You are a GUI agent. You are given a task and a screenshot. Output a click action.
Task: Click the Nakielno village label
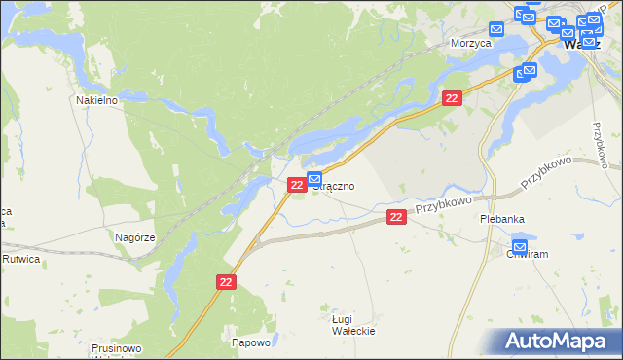point(97,99)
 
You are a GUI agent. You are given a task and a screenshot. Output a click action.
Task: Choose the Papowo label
point(250,342)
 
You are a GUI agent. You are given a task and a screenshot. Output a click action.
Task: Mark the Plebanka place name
point(503,219)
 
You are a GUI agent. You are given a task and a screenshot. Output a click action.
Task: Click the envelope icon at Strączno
point(314,178)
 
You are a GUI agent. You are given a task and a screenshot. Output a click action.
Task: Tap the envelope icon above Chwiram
point(520,245)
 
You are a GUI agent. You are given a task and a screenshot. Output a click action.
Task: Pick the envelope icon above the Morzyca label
point(495,30)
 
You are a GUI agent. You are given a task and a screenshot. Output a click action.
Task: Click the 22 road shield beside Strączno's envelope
point(296,184)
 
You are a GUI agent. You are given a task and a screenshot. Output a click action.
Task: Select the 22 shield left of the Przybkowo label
point(395,217)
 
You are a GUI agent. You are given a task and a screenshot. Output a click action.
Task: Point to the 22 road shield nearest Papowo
point(226,281)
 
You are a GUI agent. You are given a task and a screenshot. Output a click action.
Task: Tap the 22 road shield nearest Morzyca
point(452,98)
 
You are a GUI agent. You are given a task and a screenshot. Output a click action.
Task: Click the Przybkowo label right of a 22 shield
point(444,205)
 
